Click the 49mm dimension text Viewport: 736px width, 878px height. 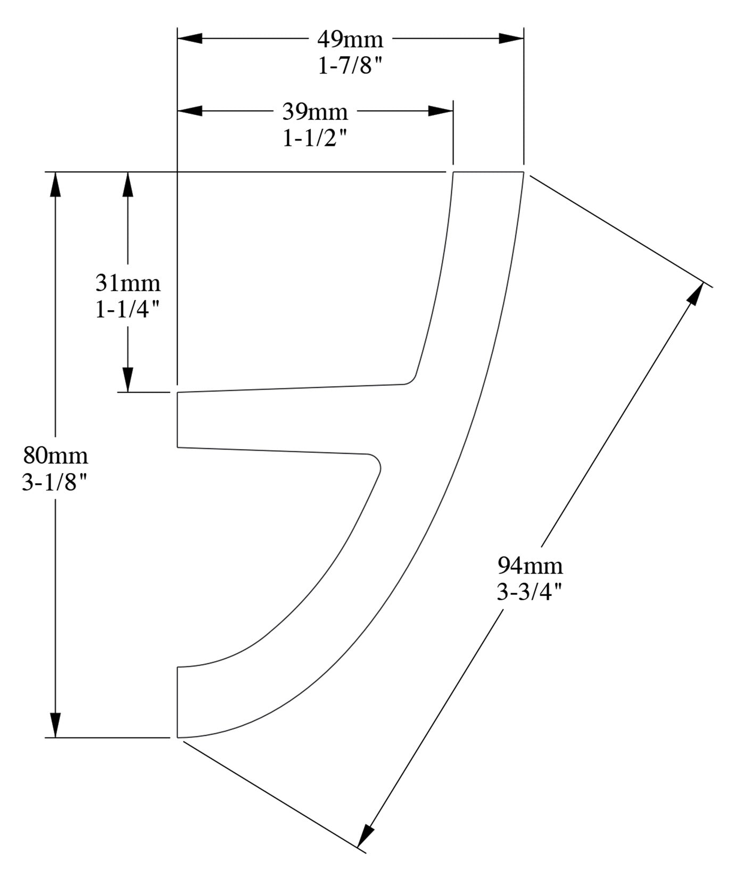coord(350,39)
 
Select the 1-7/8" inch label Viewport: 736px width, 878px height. coord(350,66)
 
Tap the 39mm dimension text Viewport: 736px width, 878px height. coord(315,112)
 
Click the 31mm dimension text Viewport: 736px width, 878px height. coord(128,283)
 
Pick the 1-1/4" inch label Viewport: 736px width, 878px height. coord(128,310)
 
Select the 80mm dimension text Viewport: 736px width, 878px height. coord(55,456)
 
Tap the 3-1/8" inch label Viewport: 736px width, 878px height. coord(55,483)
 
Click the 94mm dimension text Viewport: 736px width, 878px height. coord(530,565)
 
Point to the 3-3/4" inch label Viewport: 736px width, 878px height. coord(530,592)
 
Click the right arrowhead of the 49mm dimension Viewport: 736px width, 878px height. coord(511,38)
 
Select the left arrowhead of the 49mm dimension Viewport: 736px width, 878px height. coord(190,38)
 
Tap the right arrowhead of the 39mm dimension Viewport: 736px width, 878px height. coord(441,111)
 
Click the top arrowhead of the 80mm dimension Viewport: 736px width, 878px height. coord(55,184)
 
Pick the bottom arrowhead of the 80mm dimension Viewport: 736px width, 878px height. coord(55,725)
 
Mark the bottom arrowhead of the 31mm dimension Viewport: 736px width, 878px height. coord(128,380)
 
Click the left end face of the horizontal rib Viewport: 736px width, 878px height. coord(177,419)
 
